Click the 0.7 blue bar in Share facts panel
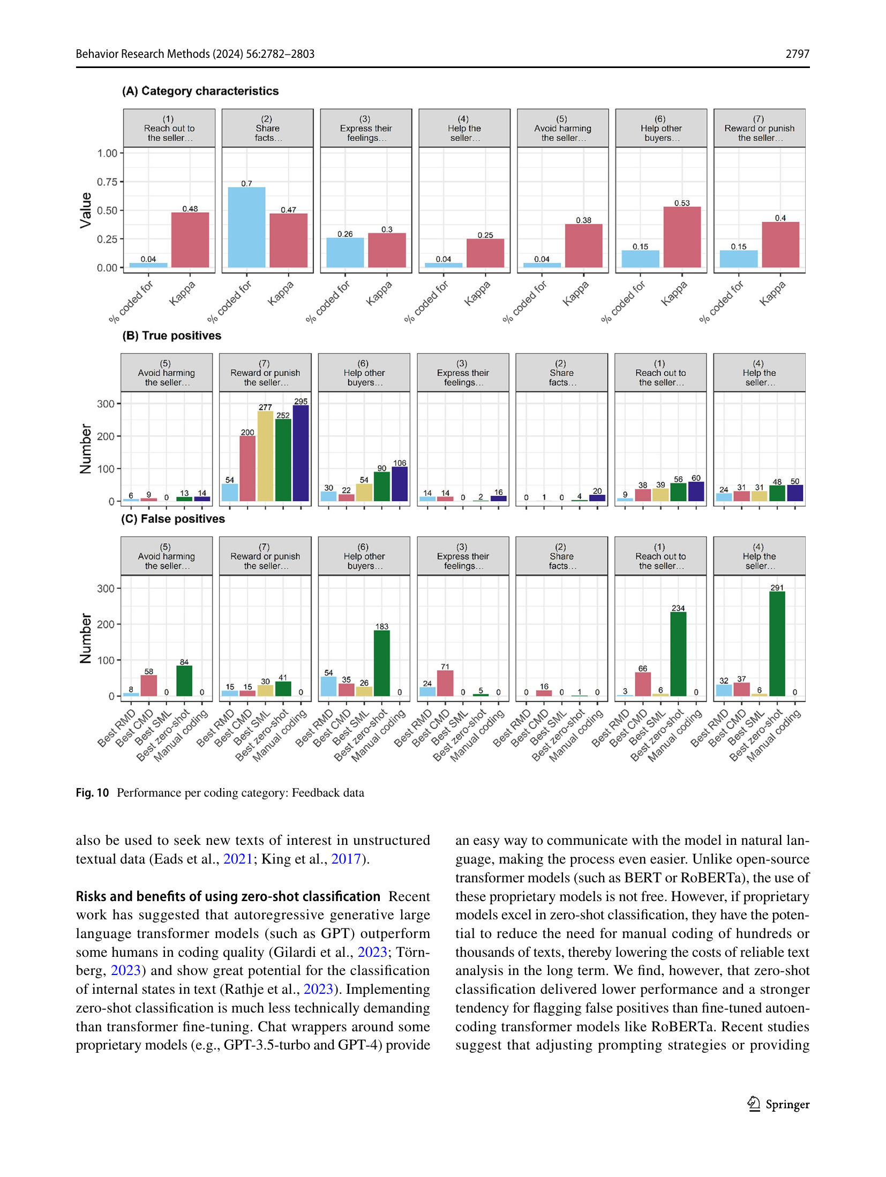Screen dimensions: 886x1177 pos(246,227)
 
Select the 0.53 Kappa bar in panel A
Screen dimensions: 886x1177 pos(682,237)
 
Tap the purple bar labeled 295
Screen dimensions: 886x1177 pos(301,453)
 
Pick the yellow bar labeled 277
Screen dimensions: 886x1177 pos(265,456)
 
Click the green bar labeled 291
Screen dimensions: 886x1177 pos(777,643)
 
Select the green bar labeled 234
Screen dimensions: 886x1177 pos(678,654)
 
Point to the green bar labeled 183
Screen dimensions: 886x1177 pos(382,663)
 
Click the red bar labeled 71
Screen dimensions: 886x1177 pos(445,683)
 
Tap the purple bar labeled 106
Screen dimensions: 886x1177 pos(400,484)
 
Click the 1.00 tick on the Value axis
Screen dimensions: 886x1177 pos(107,153)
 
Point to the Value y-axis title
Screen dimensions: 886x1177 pos(85,211)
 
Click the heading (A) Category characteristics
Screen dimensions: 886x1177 pos(200,91)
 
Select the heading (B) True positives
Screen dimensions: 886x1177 pos(171,335)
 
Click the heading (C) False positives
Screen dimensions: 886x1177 pos(173,519)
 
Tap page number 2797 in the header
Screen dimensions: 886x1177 pos(797,54)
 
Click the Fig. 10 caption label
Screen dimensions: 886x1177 pos(92,792)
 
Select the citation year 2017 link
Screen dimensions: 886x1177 pos(346,859)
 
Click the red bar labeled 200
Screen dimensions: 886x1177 pos(247,469)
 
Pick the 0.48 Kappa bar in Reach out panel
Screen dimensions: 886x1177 pos(190,240)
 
